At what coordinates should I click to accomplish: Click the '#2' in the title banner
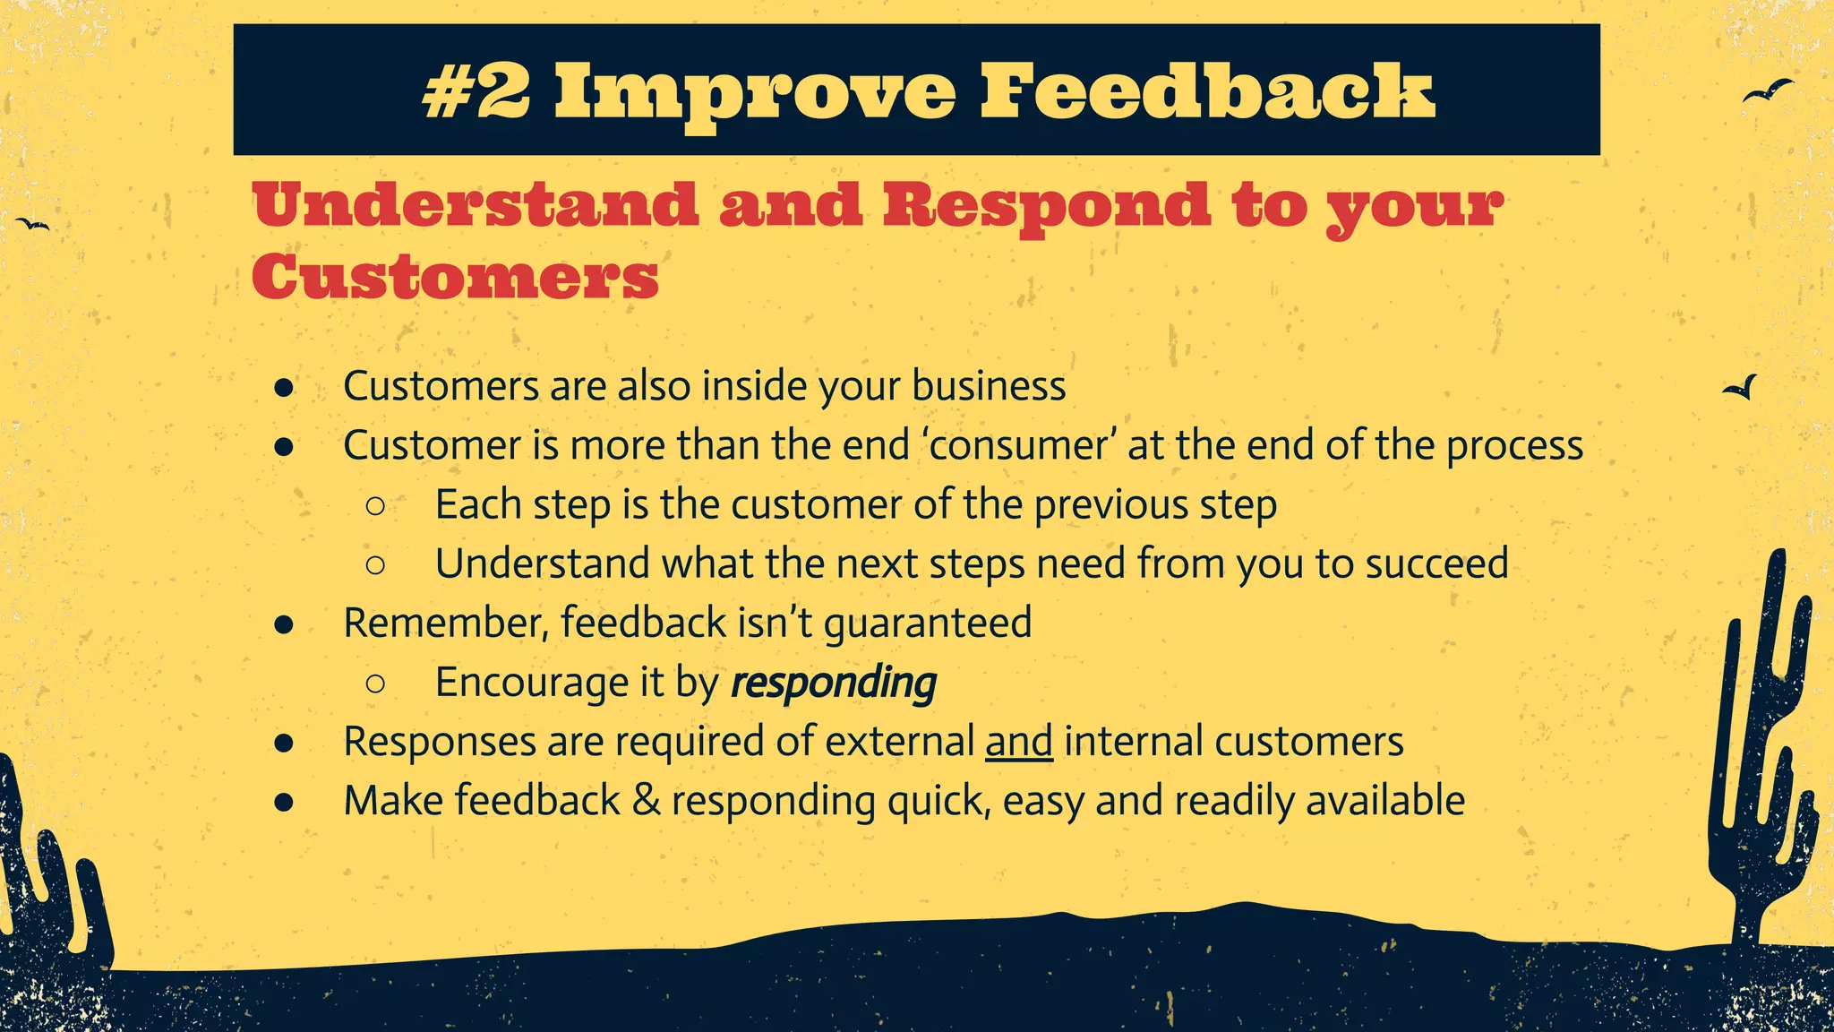(476, 92)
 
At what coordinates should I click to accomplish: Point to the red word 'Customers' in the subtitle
(455, 277)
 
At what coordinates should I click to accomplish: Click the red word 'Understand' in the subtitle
(476, 205)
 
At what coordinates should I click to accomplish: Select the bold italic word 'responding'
(834, 684)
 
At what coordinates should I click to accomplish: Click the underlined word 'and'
(1018, 742)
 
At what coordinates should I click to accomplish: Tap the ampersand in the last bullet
(646, 800)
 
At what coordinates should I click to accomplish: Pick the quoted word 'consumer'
(1018, 445)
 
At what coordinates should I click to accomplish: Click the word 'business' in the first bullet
(989, 386)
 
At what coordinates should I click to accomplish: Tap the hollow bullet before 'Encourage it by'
(375, 684)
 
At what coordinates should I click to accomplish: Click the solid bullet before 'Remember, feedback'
(284, 624)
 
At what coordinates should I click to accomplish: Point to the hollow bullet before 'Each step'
(375, 506)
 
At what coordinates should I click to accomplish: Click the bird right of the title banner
(1768, 91)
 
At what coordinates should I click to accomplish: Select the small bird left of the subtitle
(33, 224)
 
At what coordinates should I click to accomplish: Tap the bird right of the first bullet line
(1742, 388)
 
